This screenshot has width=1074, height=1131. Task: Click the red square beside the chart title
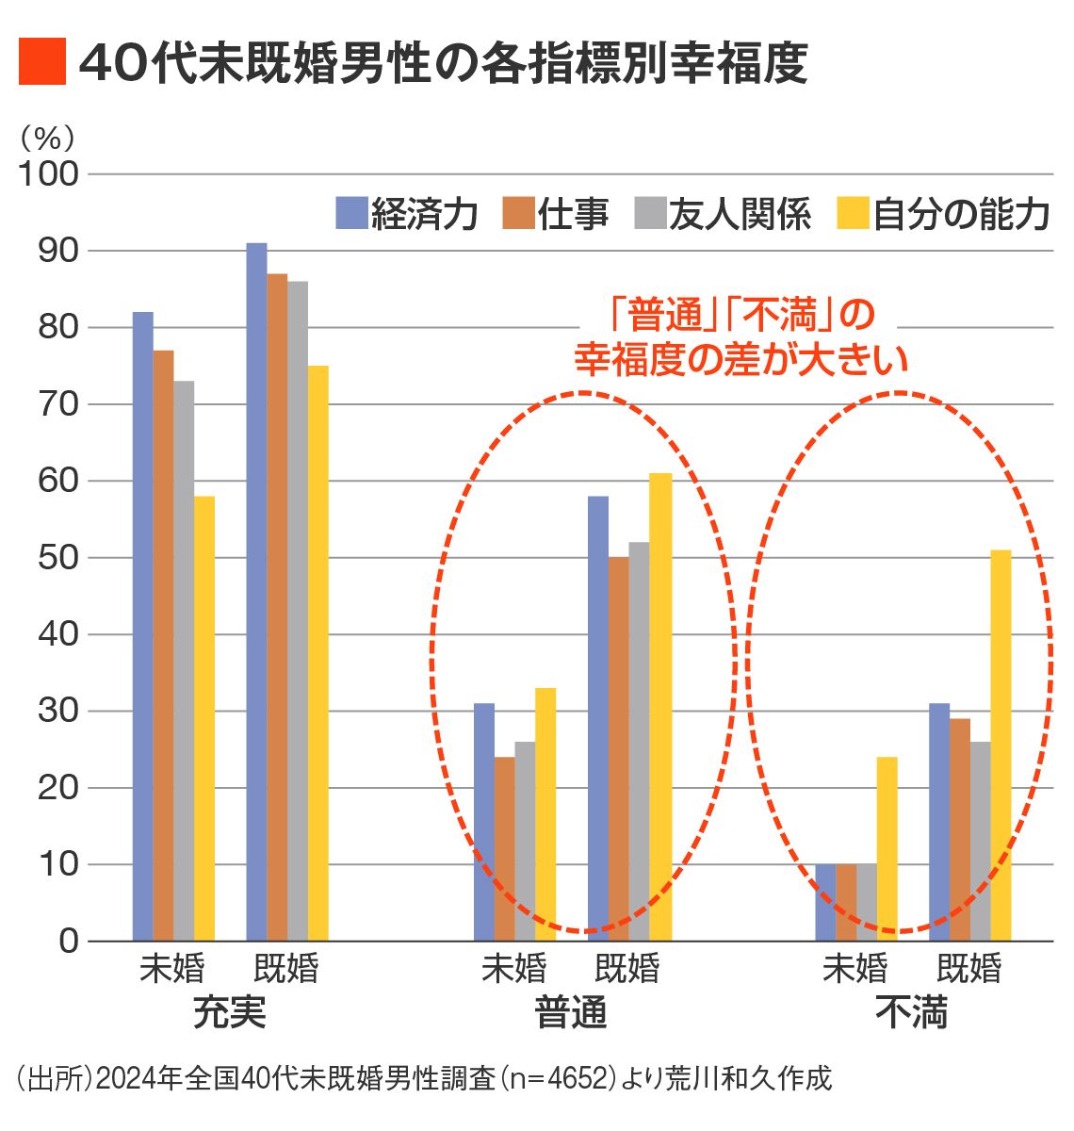pyautogui.click(x=42, y=62)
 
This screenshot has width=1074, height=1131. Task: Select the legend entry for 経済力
pyautogui.click(x=407, y=214)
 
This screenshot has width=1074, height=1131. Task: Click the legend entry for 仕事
pyautogui.click(x=556, y=214)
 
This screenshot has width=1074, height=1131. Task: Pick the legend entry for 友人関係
pyautogui.click(x=724, y=214)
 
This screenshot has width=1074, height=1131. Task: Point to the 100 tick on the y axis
pyautogui.click(x=48, y=174)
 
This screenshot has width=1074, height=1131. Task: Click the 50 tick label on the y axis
pyautogui.click(x=57, y=558)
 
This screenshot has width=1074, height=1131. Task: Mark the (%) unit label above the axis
pyautogui.click(x=46, y=139)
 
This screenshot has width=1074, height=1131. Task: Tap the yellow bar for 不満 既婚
pyautogui.click(x=1001, y=745)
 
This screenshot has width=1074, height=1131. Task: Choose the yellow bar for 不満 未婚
pyautogui.click(x=887, y=848)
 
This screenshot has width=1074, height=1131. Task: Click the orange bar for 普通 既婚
pyautogui.click(x=618, y=748)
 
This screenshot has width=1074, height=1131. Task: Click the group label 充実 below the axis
pyautogui.click(x=229, y=1013)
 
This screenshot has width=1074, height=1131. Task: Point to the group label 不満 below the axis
pyautogui.click(x=911, y=1013)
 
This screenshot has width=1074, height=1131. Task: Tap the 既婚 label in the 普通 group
pyautogui.click(x=627, y=969)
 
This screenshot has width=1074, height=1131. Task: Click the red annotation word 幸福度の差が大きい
pyautogui.click(x=741, y=359)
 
